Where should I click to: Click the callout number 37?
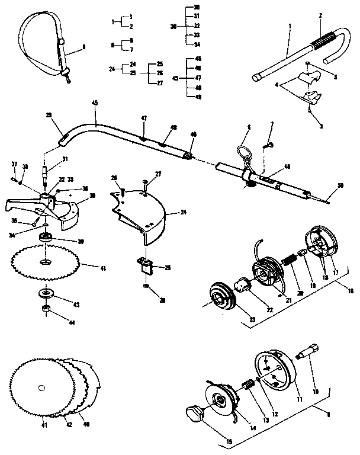point(14,164)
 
